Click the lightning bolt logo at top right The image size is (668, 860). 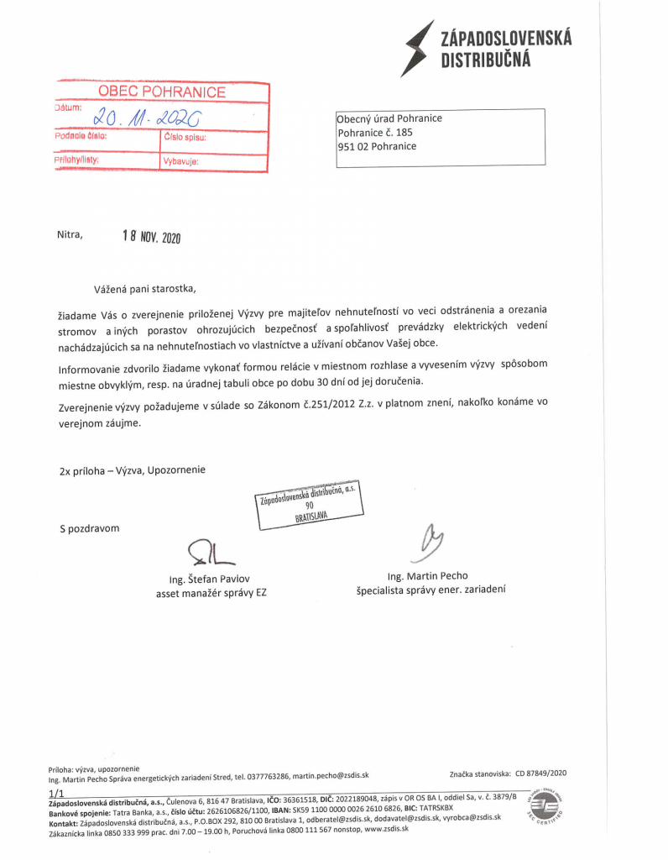tap(419, 48)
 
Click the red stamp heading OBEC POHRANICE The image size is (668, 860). tap(162, 92)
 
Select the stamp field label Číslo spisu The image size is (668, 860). tap(185, 136)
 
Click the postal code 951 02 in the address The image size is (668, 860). tap(353, 146)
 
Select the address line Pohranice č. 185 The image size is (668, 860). tap(375, 132)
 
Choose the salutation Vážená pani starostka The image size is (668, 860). tap(144, 288)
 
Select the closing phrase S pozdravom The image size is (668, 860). tap(89, 528)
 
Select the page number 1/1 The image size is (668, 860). tap(56, 793)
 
